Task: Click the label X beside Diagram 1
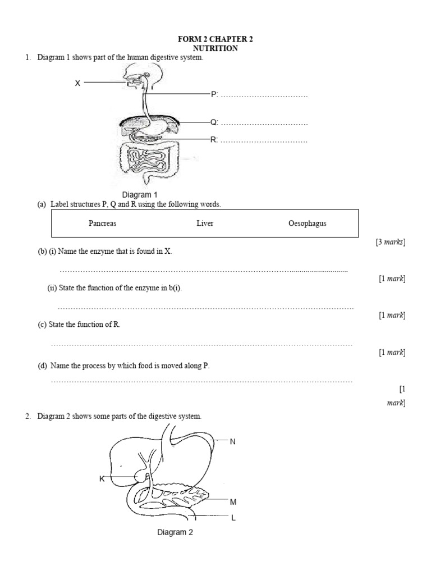coord(78,83)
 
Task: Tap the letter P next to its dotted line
coord(213,94)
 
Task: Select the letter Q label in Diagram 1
coord(213,122)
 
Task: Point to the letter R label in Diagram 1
coord(213,140)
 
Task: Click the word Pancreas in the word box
coord(103,223)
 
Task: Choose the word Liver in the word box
coord(205,223)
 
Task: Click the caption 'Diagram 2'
coord(175,532)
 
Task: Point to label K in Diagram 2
coord(102,479)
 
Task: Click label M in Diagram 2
coord(233,501)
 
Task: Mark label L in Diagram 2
coord(233,518)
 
